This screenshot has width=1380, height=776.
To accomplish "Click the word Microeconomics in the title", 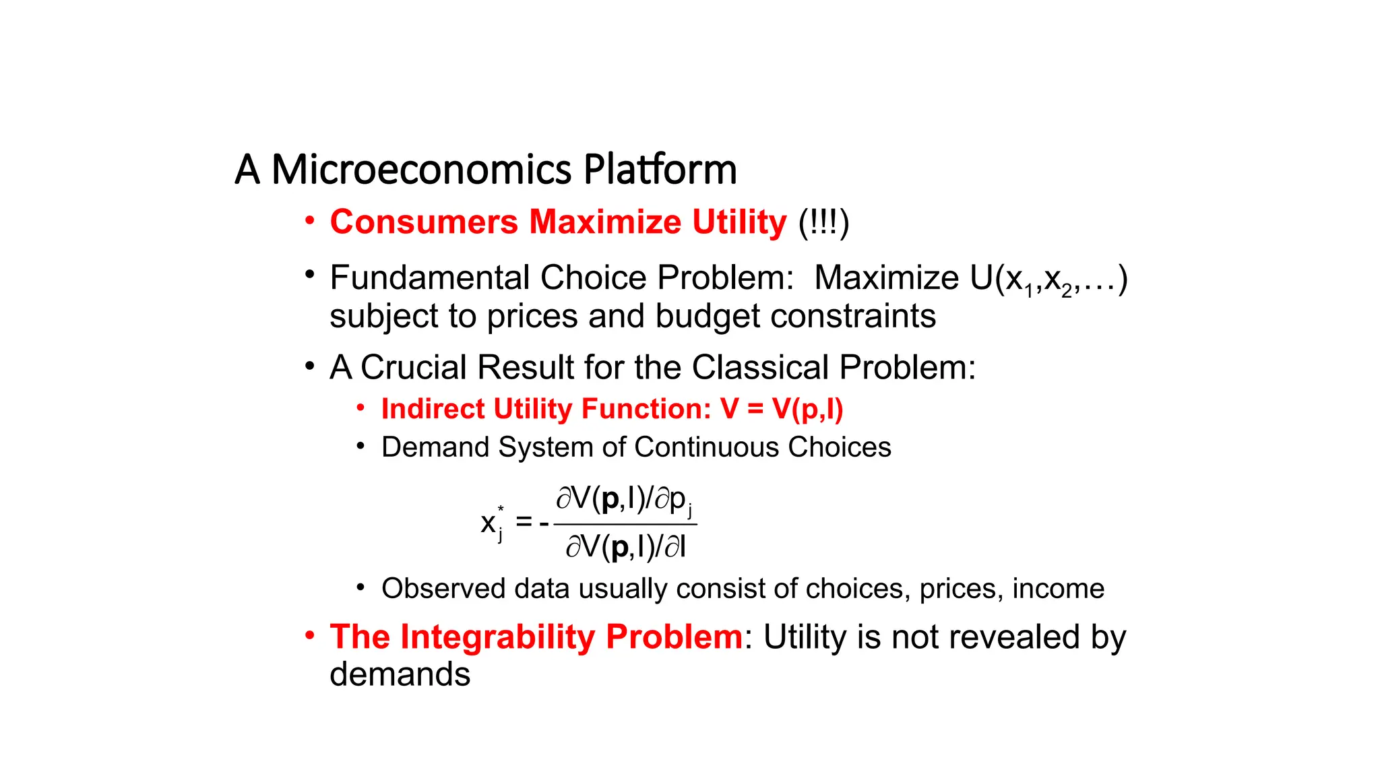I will pyautogui.click(x=421, y=170).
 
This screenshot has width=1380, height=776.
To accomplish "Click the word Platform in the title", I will pyautogui.click(x=660, y=170).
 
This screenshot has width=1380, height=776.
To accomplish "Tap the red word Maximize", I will pyautogui.click(x=605, y=222).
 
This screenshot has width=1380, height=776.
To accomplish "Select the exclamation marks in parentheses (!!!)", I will pyautogui.click(x=823, y=222).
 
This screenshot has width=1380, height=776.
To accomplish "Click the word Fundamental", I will pyautogui.click(x=431, y=278).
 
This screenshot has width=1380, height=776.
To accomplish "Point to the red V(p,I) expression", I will pyautogui.click(x=807, y=409).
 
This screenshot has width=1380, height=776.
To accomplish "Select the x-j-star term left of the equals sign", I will pyautogui.click(x=492, y=523).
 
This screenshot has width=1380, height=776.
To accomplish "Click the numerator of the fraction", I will pyautogui.click(x=624, y=500).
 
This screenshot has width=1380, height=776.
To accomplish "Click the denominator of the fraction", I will pyautogui.click(x=625, y=546).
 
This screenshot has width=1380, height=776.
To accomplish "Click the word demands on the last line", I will pyautogui.click(x=400, y=674).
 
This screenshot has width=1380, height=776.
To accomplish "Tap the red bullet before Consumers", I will pyautogui.click(x=309, y=220).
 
